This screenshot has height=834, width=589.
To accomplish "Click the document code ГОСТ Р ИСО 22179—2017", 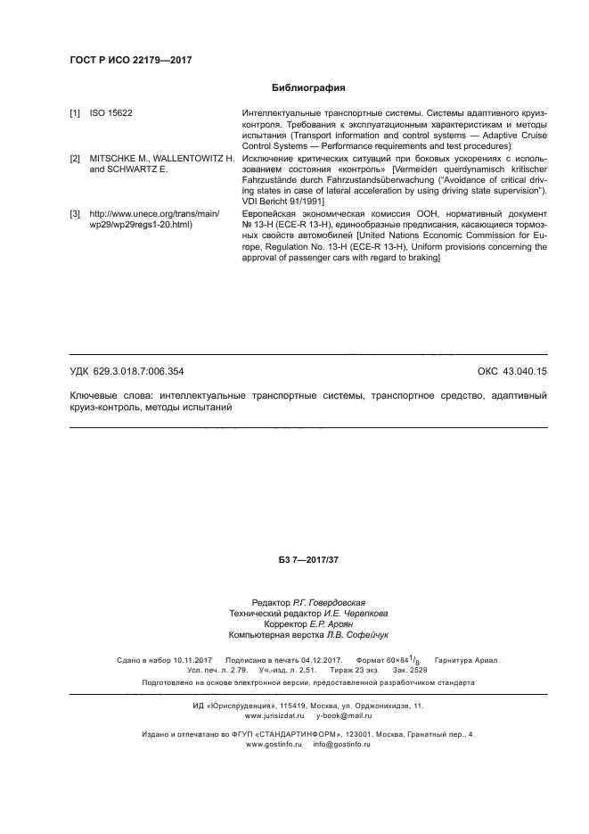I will click(130, 60).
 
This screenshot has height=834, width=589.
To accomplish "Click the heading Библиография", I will click(307, 88).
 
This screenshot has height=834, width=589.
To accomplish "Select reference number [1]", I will click(75, 114).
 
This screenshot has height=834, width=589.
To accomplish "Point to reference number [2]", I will click(75, 158).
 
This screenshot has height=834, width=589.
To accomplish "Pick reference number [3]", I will click(75, 213).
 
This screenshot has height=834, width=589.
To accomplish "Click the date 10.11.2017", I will click(186, 661).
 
